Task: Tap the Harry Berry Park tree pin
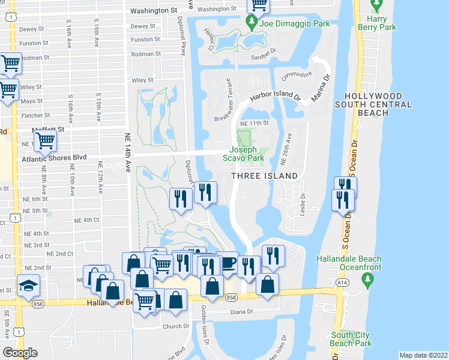click(x=376, y=5)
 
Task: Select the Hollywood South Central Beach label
click(x=378, y=104)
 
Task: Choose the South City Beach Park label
click(x=351, y=340)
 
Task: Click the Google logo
click(x=20, y=353)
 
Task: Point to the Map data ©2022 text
click(x=423, y=355)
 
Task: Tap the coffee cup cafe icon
click(x=229, y=263)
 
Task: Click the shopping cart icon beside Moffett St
click(x=45, y=141)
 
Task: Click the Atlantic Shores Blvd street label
click(x=54, y=158)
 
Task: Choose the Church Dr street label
click(x=176, y=327)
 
